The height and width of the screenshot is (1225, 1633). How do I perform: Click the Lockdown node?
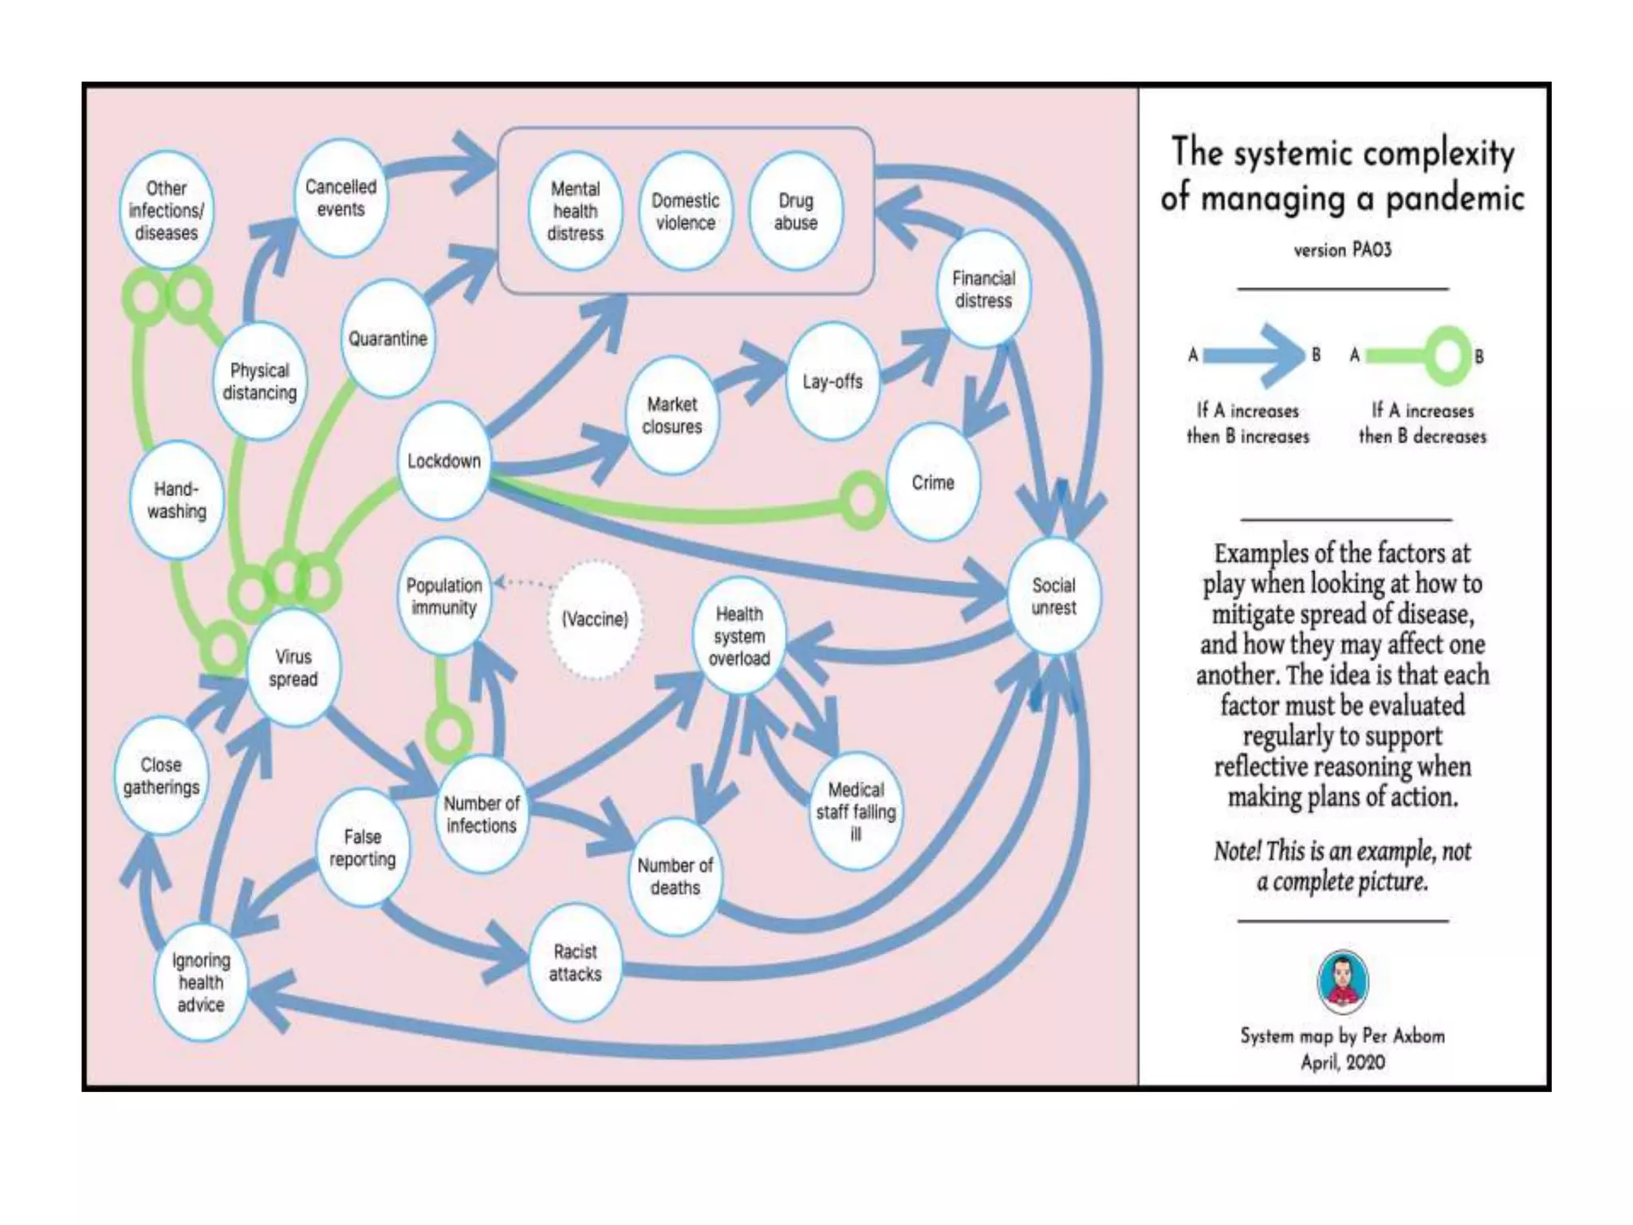click(x=443, y=461)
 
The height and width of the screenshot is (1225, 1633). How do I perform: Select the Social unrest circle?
click(x=1053, y=597)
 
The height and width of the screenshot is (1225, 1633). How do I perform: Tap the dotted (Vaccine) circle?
click(x=595, y=620)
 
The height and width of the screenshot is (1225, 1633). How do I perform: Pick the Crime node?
click(x=932, y=483)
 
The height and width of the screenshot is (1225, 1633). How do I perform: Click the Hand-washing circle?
click(x=176, y=500)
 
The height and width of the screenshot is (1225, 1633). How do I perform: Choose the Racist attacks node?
click(x=575, y=963)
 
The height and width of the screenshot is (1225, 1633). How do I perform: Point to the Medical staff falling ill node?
click(x=856, y=811)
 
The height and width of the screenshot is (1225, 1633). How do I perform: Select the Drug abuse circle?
click(x=795, y=211)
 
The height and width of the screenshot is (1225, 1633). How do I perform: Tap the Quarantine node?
click(x=388, y=338)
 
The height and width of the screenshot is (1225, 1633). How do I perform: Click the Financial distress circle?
click(x=983, y=290)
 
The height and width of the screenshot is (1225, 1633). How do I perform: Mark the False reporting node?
click(x=363, y=848)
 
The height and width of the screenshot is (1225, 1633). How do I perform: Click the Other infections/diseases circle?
click(x=166, y=211)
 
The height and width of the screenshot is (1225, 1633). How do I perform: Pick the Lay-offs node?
click(x=832, y=381)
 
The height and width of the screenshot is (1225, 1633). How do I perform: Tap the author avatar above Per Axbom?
click(x=1343, y=980)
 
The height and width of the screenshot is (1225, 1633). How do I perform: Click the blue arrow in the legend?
click(x=1253, y=355)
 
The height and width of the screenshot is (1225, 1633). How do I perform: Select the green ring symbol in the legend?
click(x=1446, y=356)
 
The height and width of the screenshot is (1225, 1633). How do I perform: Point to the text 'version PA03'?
click(x=1342, y=250)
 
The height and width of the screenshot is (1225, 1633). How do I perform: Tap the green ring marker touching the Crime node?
click(x=862, y=501)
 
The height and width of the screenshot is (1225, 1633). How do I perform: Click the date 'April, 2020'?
click(x=1343, y=1062)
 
